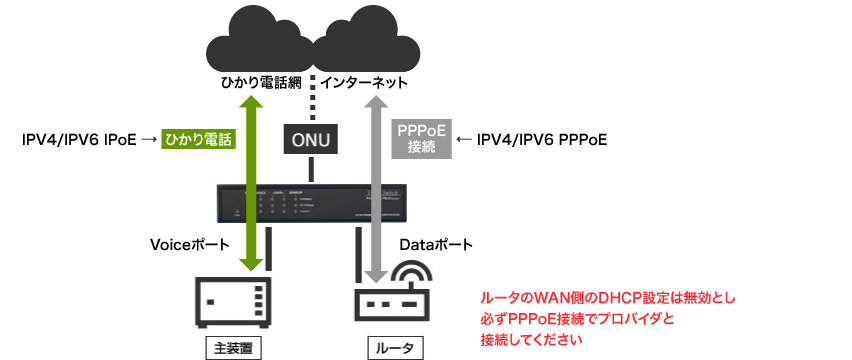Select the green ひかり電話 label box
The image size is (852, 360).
(x=197, y=140)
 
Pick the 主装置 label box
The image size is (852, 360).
(x=233, y=347)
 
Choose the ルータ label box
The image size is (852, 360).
(x=390, y=347)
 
